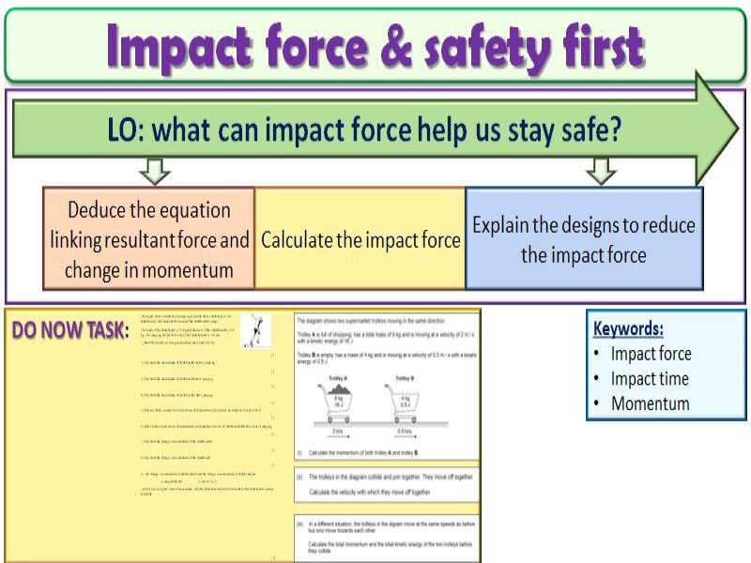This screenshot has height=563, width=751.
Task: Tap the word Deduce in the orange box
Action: click(105, 209)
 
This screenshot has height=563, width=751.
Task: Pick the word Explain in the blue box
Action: click(502, 225)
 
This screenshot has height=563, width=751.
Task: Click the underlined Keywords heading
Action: click(628, 328)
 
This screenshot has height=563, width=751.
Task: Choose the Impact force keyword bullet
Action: click(651, 354)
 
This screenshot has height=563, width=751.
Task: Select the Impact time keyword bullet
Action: click(650, 379)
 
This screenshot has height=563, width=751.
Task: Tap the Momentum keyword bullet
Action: click(650, 404)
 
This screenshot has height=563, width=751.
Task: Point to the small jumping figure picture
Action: click(254, 330)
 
